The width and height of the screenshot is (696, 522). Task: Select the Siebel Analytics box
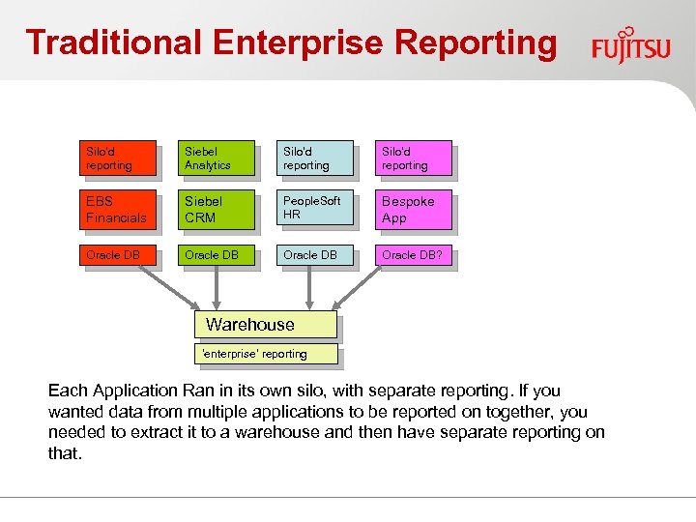point(218,159)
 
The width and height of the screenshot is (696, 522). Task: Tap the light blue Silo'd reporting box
point(317,159)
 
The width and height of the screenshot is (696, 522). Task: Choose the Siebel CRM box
point(218,210)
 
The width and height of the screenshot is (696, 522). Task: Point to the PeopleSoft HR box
point(317,210)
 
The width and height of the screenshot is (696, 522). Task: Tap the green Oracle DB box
point(218,256)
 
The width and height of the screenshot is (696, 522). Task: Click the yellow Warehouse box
point(266,325)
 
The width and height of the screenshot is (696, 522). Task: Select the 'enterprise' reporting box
point(266,354)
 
